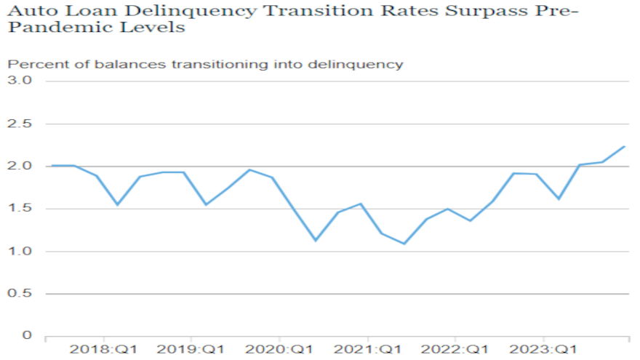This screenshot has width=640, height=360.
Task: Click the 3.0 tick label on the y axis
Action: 21,80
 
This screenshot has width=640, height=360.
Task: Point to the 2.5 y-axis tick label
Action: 21,123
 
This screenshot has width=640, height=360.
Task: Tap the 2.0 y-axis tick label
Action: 21,166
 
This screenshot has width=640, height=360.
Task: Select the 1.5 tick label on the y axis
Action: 21,209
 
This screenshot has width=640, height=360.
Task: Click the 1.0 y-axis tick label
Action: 21,252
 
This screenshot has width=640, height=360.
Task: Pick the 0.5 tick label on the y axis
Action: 21,295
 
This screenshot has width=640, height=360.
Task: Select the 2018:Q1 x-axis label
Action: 104,350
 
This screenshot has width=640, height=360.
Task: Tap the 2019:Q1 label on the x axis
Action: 192,350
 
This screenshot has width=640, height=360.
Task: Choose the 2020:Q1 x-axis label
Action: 280,350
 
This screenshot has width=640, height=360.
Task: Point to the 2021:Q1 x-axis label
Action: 368,350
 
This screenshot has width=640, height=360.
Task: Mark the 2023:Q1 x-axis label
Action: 544,350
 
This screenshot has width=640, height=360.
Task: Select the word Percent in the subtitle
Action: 31,64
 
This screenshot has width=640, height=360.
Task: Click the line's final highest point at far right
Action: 625,146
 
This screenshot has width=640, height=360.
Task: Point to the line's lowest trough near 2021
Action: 404,244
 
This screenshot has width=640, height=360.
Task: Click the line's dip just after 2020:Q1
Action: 315,241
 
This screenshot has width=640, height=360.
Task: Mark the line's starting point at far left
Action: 51,166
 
